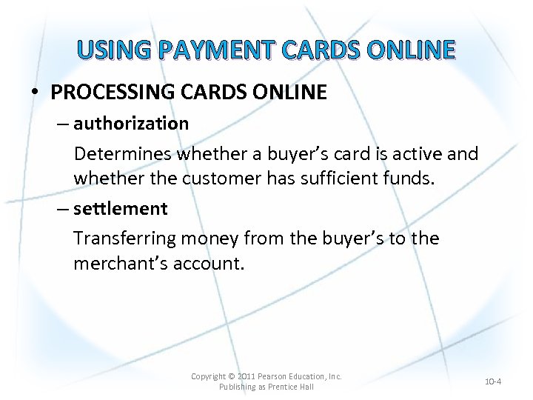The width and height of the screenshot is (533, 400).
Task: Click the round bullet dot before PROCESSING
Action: pos(35,93)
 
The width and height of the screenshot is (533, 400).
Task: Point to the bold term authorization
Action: pos(131,123)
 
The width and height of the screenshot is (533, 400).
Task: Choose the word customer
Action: pos(216,179)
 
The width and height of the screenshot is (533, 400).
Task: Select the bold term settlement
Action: pos(121,209)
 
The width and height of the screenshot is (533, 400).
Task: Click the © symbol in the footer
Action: pos(232,376)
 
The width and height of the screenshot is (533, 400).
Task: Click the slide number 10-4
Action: pos(493,381)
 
